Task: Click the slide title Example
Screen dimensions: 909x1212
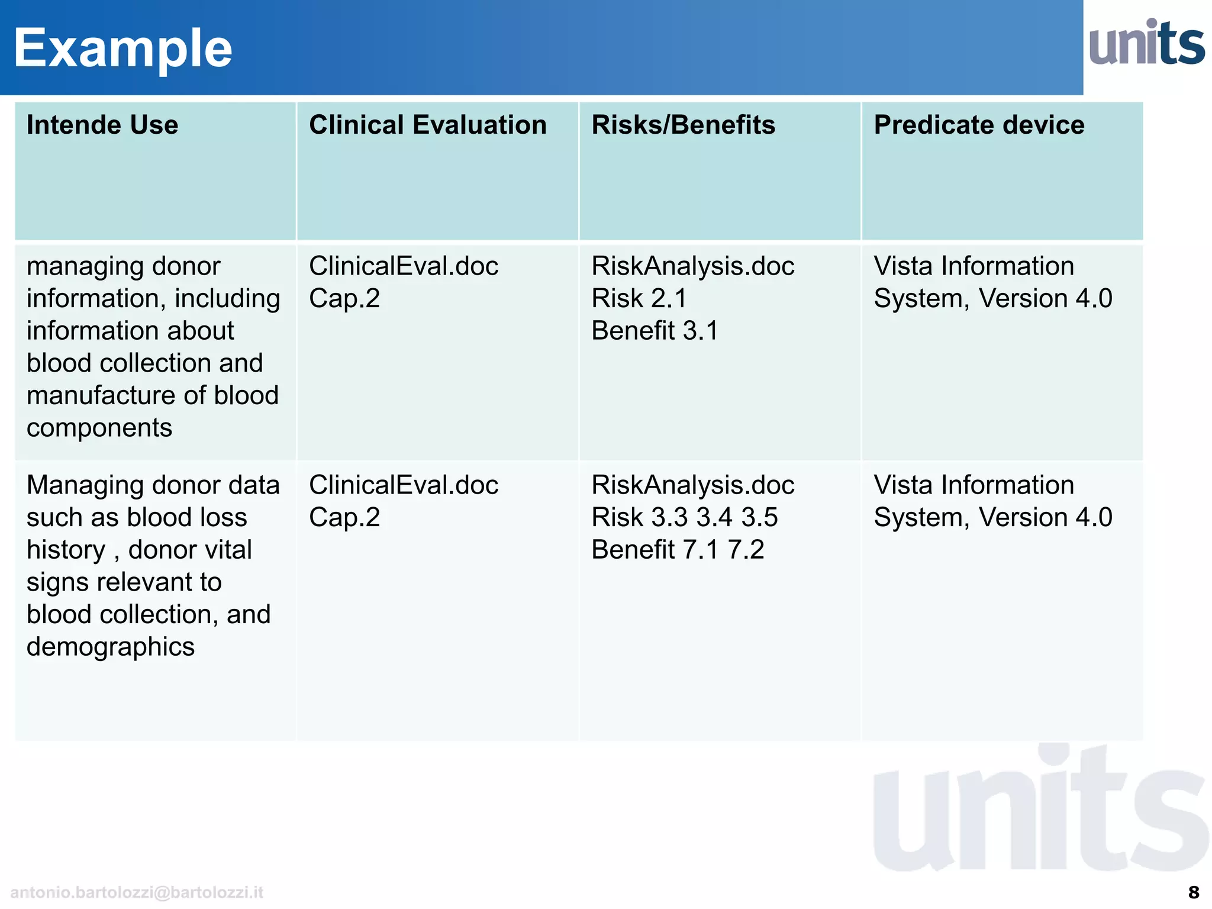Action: point(123,49)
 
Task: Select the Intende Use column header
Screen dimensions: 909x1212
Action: point(102,125)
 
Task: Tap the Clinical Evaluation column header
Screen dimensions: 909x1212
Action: point(427,125)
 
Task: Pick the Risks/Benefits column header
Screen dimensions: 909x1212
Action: point(683,125)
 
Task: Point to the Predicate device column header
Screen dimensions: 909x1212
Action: point(979,125)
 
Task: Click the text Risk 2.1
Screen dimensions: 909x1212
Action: point(639,298)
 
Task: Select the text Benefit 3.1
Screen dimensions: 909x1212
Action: point(655,330)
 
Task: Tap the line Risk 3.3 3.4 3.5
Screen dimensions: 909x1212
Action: point(684,517)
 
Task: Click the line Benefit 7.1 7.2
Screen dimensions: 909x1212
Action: point(678,550)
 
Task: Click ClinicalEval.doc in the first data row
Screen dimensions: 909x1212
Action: point(404,266)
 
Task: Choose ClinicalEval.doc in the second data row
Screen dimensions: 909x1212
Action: point(404,485)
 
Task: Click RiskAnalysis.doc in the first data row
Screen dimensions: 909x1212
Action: point(692,266)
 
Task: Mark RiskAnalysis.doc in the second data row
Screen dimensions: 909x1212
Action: point(692,485)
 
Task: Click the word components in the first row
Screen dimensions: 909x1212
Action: point(99,428)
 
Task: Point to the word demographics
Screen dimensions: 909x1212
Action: point(111,647)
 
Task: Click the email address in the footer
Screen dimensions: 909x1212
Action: point(137,892)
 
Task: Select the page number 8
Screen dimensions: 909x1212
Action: point(1193,892)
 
